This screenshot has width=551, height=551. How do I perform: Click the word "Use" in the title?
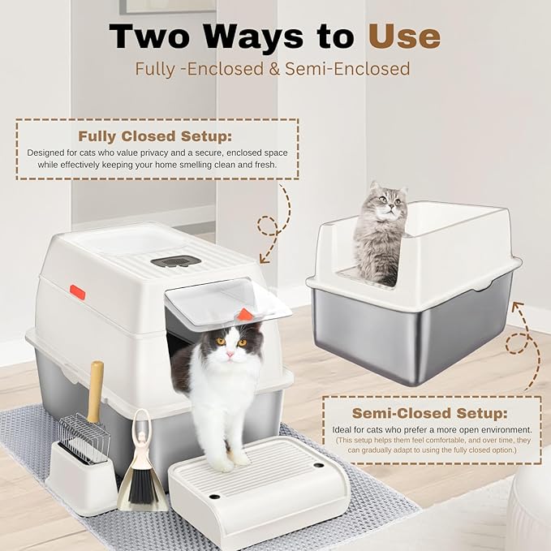point(404,36)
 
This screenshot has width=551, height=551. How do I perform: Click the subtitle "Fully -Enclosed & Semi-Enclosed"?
point(272,69)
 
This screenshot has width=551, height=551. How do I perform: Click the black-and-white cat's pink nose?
point(230,354)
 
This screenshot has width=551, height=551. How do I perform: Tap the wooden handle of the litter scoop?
point(95,390)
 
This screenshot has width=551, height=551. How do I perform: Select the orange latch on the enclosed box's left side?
point(77,291)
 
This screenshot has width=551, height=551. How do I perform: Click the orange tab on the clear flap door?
point(245,313)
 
